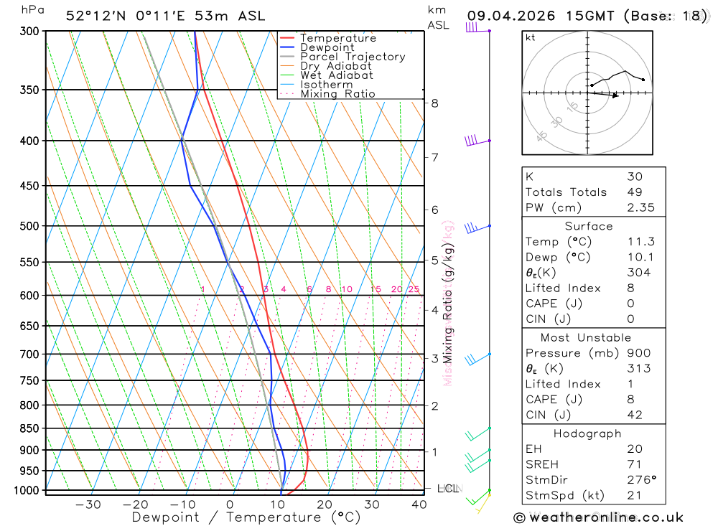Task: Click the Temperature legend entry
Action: [x=337, y=38]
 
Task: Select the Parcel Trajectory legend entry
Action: [x=352, y=57]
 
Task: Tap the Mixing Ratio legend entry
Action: [x=337, y=94]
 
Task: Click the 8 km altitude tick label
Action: [x=435, y=103]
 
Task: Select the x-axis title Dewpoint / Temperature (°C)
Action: [x=246, y=517]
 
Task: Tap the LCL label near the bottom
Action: [x=447, y=489]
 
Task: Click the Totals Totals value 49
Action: [x=634, y=192]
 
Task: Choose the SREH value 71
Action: [x=634, y=464]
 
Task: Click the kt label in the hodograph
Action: [x=531, y=37]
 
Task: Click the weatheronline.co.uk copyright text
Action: [x=598, y=517]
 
